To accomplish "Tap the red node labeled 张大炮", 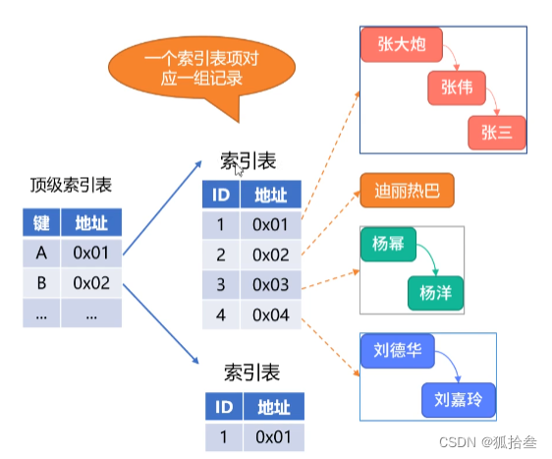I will [403, 44].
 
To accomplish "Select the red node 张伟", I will [458, 88].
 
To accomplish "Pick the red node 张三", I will [496, 133].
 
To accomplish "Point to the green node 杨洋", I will [434, 292].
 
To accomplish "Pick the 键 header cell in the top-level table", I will [41, 222].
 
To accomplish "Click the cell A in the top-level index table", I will [41, 253].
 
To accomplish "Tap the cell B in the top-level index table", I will [41, 283].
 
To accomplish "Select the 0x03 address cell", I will [270, 285].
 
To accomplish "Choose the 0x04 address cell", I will [270, 316].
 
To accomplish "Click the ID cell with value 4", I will [221, 316].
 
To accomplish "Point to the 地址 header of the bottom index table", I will [274, 406].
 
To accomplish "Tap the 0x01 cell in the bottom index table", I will [274, 435].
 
